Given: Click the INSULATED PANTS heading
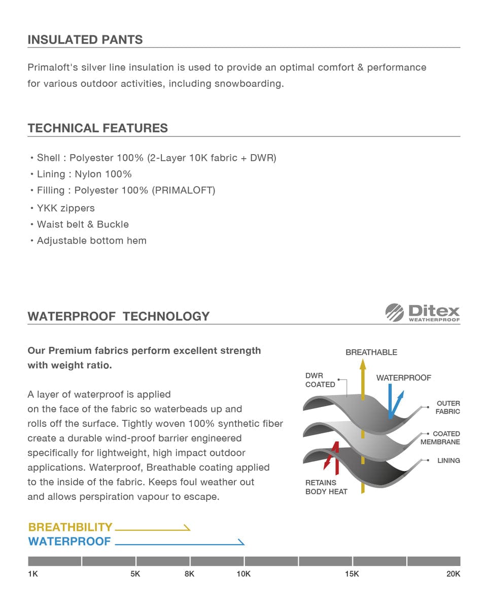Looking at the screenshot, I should click(x=85, y=40).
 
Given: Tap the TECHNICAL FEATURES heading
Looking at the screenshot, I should click(x=98, y=128).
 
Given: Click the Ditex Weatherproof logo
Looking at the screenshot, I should click(x=423, y=312).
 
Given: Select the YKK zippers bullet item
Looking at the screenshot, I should click(x=65, y=208).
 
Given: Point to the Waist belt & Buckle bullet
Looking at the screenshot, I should click(x=83, y=224).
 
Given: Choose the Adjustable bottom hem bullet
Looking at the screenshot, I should click(x=91, y=241).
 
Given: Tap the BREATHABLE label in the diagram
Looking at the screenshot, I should click(x=371, y=352).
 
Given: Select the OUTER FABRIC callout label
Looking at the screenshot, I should click(x=448, y=408).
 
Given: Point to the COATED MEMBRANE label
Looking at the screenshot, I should click(x=440, y=438).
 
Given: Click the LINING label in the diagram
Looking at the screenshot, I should click(x=448, y=461).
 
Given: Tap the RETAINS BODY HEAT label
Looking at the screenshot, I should click(x=326, y=487).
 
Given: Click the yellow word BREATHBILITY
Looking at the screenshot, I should click(x=70, y=527).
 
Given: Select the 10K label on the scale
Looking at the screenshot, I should click(x=243, y=574).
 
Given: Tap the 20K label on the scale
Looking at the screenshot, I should click(x=453, y=574).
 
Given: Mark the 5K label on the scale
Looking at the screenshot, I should click(x=135, y=574).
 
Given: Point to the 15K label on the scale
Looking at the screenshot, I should click(x=352, y=574).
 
